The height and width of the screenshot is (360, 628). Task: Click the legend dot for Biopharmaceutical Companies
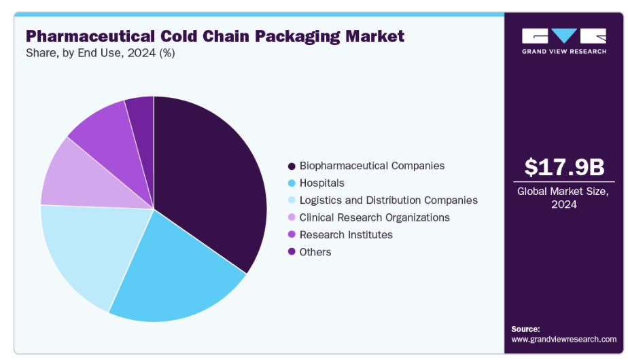[292, 166]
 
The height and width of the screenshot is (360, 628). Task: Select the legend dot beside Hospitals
[292, 183]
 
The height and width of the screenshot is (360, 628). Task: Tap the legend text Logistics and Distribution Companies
[388, 200]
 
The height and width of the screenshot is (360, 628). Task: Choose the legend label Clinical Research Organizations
[374, 217]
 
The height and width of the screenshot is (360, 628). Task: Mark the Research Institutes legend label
[346, 235]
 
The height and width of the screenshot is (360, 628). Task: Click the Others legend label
[315, 252]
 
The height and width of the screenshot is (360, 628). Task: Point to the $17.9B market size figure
[564, 167]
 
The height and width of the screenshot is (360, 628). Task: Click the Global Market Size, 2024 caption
[564, 197]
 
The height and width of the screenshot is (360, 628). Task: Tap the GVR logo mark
[564, 36]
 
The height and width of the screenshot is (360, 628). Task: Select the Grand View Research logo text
[564, 51]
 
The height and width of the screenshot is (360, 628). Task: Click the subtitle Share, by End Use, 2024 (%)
[100, 53]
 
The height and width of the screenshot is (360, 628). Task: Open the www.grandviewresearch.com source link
[563, 338]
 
